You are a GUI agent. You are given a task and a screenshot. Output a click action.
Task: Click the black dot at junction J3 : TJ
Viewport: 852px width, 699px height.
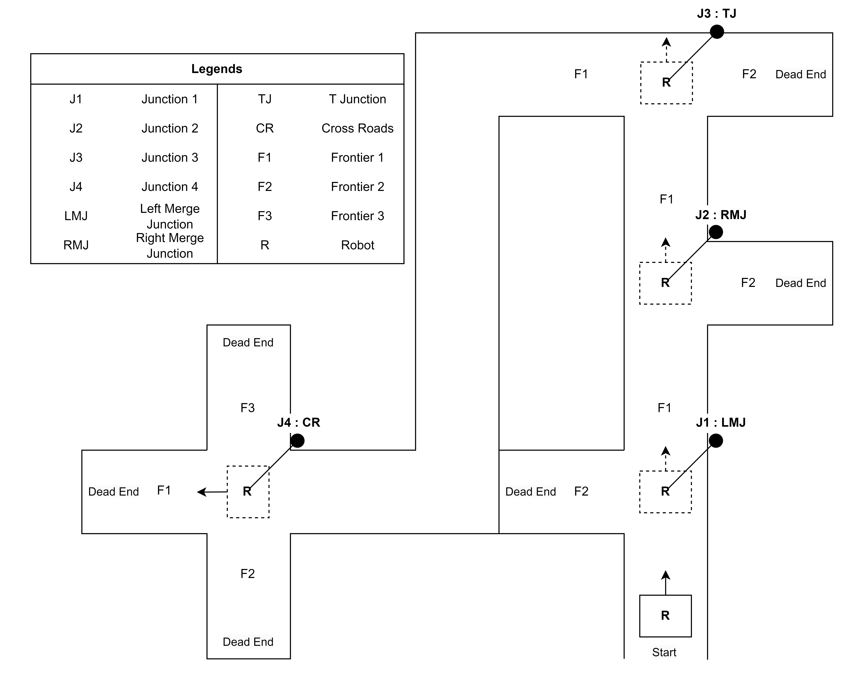[x=716, y=32]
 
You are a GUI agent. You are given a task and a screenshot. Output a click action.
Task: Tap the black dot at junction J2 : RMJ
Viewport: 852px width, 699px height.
[x=716, y=232]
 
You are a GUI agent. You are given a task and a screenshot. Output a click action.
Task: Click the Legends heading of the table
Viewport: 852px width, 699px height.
[x=217, y=69]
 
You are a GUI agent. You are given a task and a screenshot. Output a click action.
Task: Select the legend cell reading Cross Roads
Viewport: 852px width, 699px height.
[x=357, y=128]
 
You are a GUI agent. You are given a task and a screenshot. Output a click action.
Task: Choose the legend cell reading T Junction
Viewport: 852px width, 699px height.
[x=357, y=99]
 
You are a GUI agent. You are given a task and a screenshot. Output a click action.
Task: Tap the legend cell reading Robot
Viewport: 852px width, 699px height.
[x=357, y=245]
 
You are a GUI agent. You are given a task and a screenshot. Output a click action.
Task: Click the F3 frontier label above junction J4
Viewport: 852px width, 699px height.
[x=248, y=408]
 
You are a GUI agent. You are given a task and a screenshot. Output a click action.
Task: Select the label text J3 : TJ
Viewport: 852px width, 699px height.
[x=716, y=14]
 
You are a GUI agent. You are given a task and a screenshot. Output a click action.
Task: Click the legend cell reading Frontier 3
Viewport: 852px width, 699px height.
[x=357, y=216]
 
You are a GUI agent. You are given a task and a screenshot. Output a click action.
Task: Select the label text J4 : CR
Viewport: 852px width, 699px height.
[x=298, y=422]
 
